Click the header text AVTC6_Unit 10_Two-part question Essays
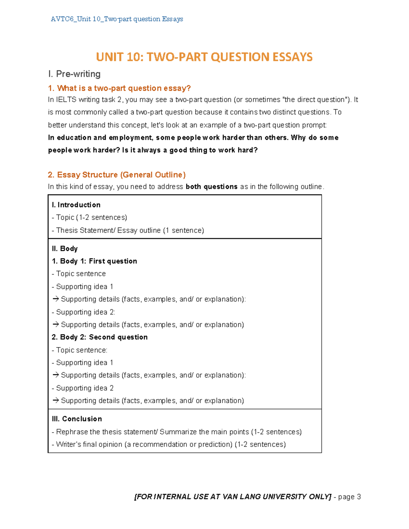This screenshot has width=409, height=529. [117, 19]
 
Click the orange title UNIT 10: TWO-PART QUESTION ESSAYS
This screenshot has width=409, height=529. [204, 57]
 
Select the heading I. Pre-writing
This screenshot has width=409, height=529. [74, 74]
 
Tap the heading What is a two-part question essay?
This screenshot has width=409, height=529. [119, 88]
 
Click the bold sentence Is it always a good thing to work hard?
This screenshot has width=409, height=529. [190, 150]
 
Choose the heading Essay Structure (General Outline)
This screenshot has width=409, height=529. [117, 175]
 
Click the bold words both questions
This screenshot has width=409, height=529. [211, 187]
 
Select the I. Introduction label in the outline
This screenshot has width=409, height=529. [76, 205]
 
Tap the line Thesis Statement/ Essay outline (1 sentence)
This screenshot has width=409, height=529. [128, 230]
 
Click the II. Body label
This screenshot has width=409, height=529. [65, 249]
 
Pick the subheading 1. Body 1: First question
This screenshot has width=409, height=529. [94, 261]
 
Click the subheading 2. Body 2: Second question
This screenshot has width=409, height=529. [100, 337]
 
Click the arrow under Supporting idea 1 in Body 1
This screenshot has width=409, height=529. [56, 299]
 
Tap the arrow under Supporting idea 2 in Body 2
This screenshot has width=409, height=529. [56, 401]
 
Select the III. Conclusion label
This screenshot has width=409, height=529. [77, 419]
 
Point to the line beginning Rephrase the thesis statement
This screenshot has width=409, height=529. [177, 432]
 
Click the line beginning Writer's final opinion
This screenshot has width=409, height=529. [169, 445]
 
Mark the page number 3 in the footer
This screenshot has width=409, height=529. [359, 497]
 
